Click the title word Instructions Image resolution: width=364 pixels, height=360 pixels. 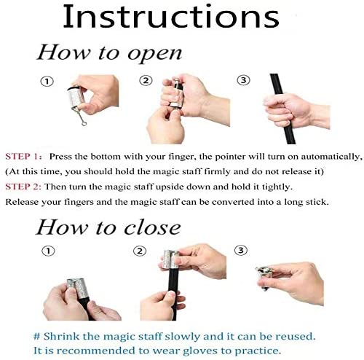pos(171,17)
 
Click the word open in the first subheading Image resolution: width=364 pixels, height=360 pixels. pos(155,54)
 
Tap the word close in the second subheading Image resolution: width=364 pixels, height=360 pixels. pos(152,227)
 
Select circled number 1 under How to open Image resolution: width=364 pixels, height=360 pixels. pos(47,82)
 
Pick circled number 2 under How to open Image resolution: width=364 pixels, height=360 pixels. pos(146,80)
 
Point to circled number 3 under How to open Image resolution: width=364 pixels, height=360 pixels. pos(243,80)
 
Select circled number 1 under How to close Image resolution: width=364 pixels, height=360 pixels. pos(49,251)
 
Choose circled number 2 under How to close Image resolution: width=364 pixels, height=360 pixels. pos(140,251)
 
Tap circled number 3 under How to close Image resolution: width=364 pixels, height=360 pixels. pos(241,250)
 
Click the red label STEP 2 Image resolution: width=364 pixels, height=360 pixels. pos(23,187)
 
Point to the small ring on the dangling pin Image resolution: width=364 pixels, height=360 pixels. pos(84,124)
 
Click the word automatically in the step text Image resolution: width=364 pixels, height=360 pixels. pos(330,157)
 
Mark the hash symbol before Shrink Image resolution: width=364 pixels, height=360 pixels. pos(36,337)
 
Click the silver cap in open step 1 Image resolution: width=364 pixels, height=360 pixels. pos(76,98)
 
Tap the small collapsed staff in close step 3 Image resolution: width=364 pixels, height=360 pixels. pos(264,277)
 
